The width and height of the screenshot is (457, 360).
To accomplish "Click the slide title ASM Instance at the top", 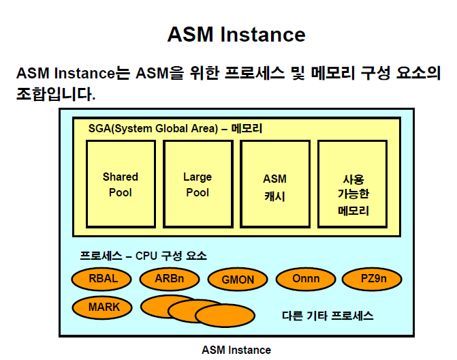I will tap(236, 34).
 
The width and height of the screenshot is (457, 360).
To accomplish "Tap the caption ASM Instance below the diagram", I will tap(236, 350).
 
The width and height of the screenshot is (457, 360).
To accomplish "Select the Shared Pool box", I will tap(121, 184).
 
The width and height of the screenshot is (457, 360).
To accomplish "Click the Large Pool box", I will tap(198, 184).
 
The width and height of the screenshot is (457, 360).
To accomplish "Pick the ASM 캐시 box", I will tap(274, 184).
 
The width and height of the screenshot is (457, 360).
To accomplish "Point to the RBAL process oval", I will tap(103, 278).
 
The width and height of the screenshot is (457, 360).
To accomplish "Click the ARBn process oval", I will tap(170, 278).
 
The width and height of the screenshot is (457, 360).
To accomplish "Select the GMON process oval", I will tap(238, 280).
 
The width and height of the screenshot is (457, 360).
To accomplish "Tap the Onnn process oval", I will tap(306, 278).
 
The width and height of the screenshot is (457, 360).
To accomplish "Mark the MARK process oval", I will tap(104, 307).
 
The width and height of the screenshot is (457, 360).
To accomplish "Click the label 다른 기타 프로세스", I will tap(328, 316).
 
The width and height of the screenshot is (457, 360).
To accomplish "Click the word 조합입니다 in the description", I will tap(55, 93).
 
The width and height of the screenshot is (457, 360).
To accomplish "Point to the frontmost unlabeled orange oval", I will tap(225, 316).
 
